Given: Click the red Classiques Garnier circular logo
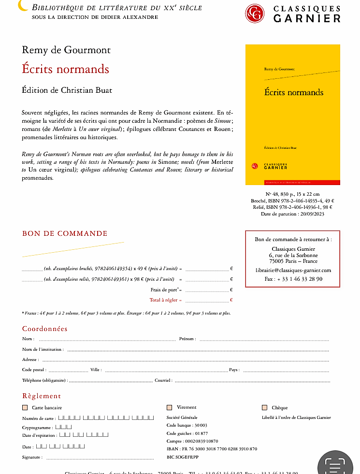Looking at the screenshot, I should pyautogui.click(x=254, y=13).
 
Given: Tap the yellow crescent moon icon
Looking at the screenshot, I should pyautogui.click(x=23, y=6).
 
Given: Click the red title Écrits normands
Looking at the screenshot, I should pyautogui.click(x=65, y=69).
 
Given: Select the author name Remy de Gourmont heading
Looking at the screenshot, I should pyautogui.click(x=66, y=50).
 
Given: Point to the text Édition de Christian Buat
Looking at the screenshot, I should pyautogui.click(x=67, y=90).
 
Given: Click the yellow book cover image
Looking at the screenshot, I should pyautogui.click(x=292, y=115).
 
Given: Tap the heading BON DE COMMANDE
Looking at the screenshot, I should pyautogui.click(x=65, y=233).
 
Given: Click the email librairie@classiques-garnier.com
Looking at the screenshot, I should pyautogui.click(x=293, y=270).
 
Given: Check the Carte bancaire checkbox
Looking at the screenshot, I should pyautogui.click(x=25, y=407).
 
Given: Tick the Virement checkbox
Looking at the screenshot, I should pyautogui.click(x=169, y=407).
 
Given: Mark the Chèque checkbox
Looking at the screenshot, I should pyautogui.click(x=264, y=407).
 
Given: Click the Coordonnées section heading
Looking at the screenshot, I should pyautogui.click(x=45, y=329).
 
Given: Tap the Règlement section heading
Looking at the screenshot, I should pyautogui.click(x=42, y=396).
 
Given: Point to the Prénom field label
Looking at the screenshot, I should pyautogui.click(x=187, y=339).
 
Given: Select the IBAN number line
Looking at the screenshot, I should pyautogui.click(x=212, y=449).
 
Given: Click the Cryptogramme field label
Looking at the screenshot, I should pyautogui.click(x=37, y=428).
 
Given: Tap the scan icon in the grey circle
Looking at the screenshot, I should pyautogui.click(x=338, y=464).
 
